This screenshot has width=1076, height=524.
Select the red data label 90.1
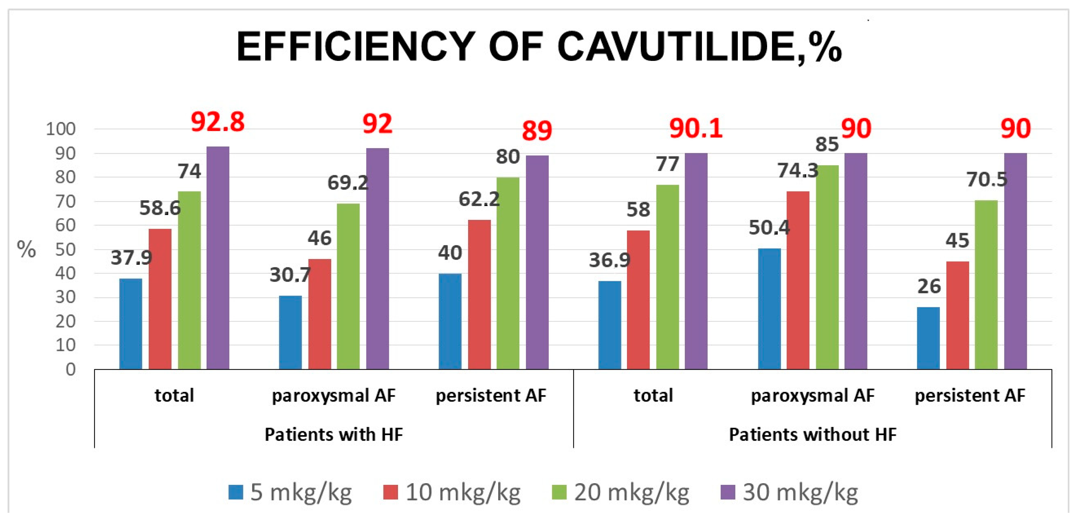[x=695, y=128]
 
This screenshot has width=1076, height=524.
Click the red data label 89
[x=537, y=130]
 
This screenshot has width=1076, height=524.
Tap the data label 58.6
[x=160, y=208]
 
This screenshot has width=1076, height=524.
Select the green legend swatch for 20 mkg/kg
[x=559, y=492]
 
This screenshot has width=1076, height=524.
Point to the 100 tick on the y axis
[x=61, y=129]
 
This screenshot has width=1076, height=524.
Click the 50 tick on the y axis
[x=65, y=249]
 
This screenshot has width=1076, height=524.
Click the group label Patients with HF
[x=334, y=434]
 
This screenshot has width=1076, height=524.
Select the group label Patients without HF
[x=813, y=434]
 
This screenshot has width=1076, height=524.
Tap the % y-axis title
[x=26, y=249]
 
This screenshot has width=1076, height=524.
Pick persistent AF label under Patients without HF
[x=969, y=395]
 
